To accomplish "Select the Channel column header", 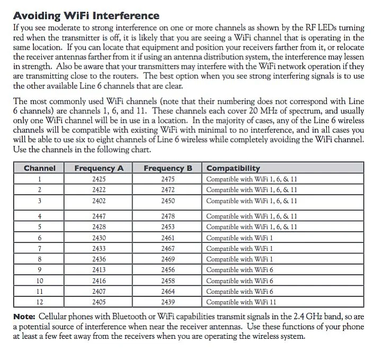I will click(40, 168).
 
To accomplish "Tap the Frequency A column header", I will click(99, 168).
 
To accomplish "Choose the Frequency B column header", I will click(167, 168).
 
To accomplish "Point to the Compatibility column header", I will click(233, 168).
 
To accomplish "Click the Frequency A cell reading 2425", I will click(99, 179).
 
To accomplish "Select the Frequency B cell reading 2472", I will click(167, 190).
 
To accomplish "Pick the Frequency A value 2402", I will click(99, 201).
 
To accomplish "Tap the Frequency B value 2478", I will click(167, 216).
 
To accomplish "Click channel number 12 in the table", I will click(40, 302).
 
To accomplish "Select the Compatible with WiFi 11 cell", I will click(241, 302).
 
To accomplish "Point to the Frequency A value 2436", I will click(99, 259).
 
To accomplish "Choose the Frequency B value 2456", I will click(167, 269).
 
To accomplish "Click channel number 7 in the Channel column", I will click(40, 248).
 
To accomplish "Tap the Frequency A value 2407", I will click(99, 291).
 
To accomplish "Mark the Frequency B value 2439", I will click(167, 302).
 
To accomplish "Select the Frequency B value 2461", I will click(167, 238).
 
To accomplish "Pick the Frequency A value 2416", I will click(99, 281).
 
